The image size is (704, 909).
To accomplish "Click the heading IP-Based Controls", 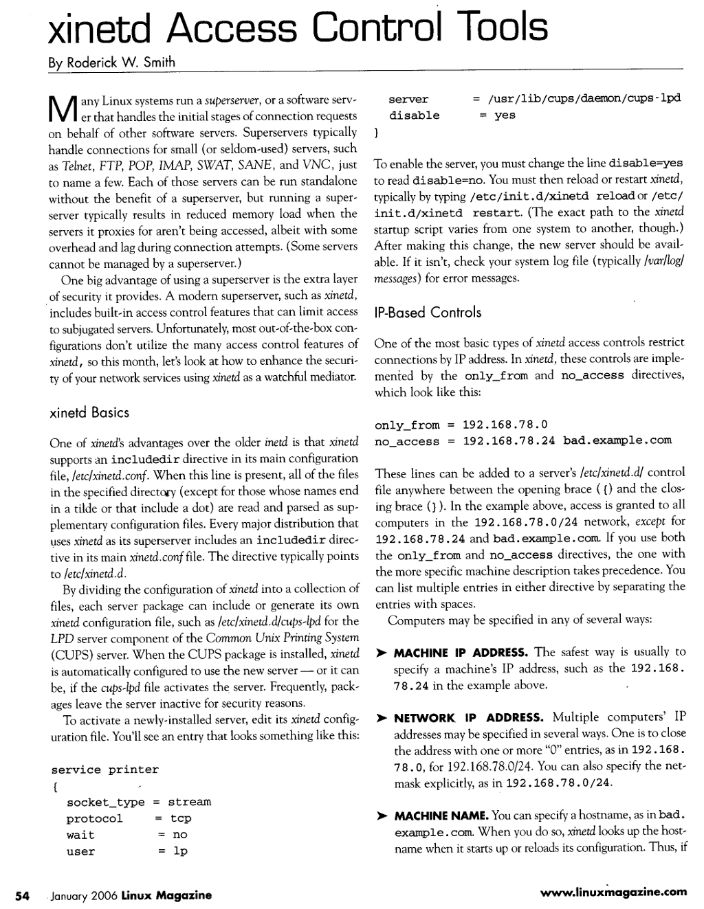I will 428,313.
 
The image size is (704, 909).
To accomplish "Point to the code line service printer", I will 104,770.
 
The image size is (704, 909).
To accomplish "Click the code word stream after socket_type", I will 189,802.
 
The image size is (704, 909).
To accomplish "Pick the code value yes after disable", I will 505,115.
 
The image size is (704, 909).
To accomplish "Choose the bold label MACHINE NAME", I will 441,816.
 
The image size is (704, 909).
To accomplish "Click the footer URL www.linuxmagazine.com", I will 614,893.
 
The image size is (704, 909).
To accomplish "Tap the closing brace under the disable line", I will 377,132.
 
